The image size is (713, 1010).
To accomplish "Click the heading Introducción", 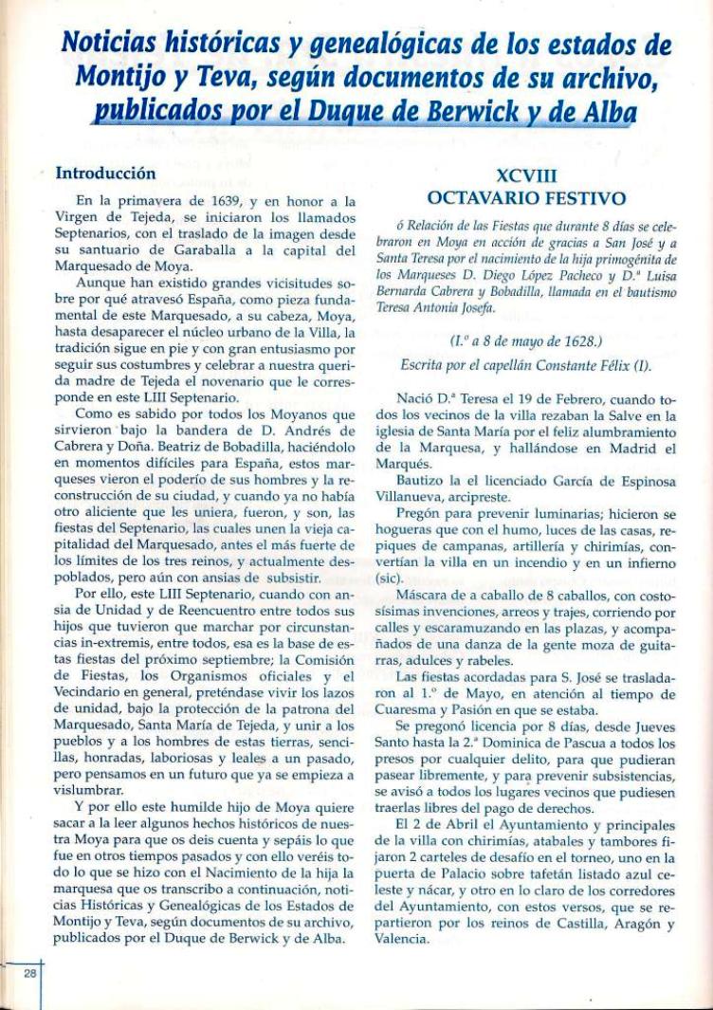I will click(104, 174).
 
